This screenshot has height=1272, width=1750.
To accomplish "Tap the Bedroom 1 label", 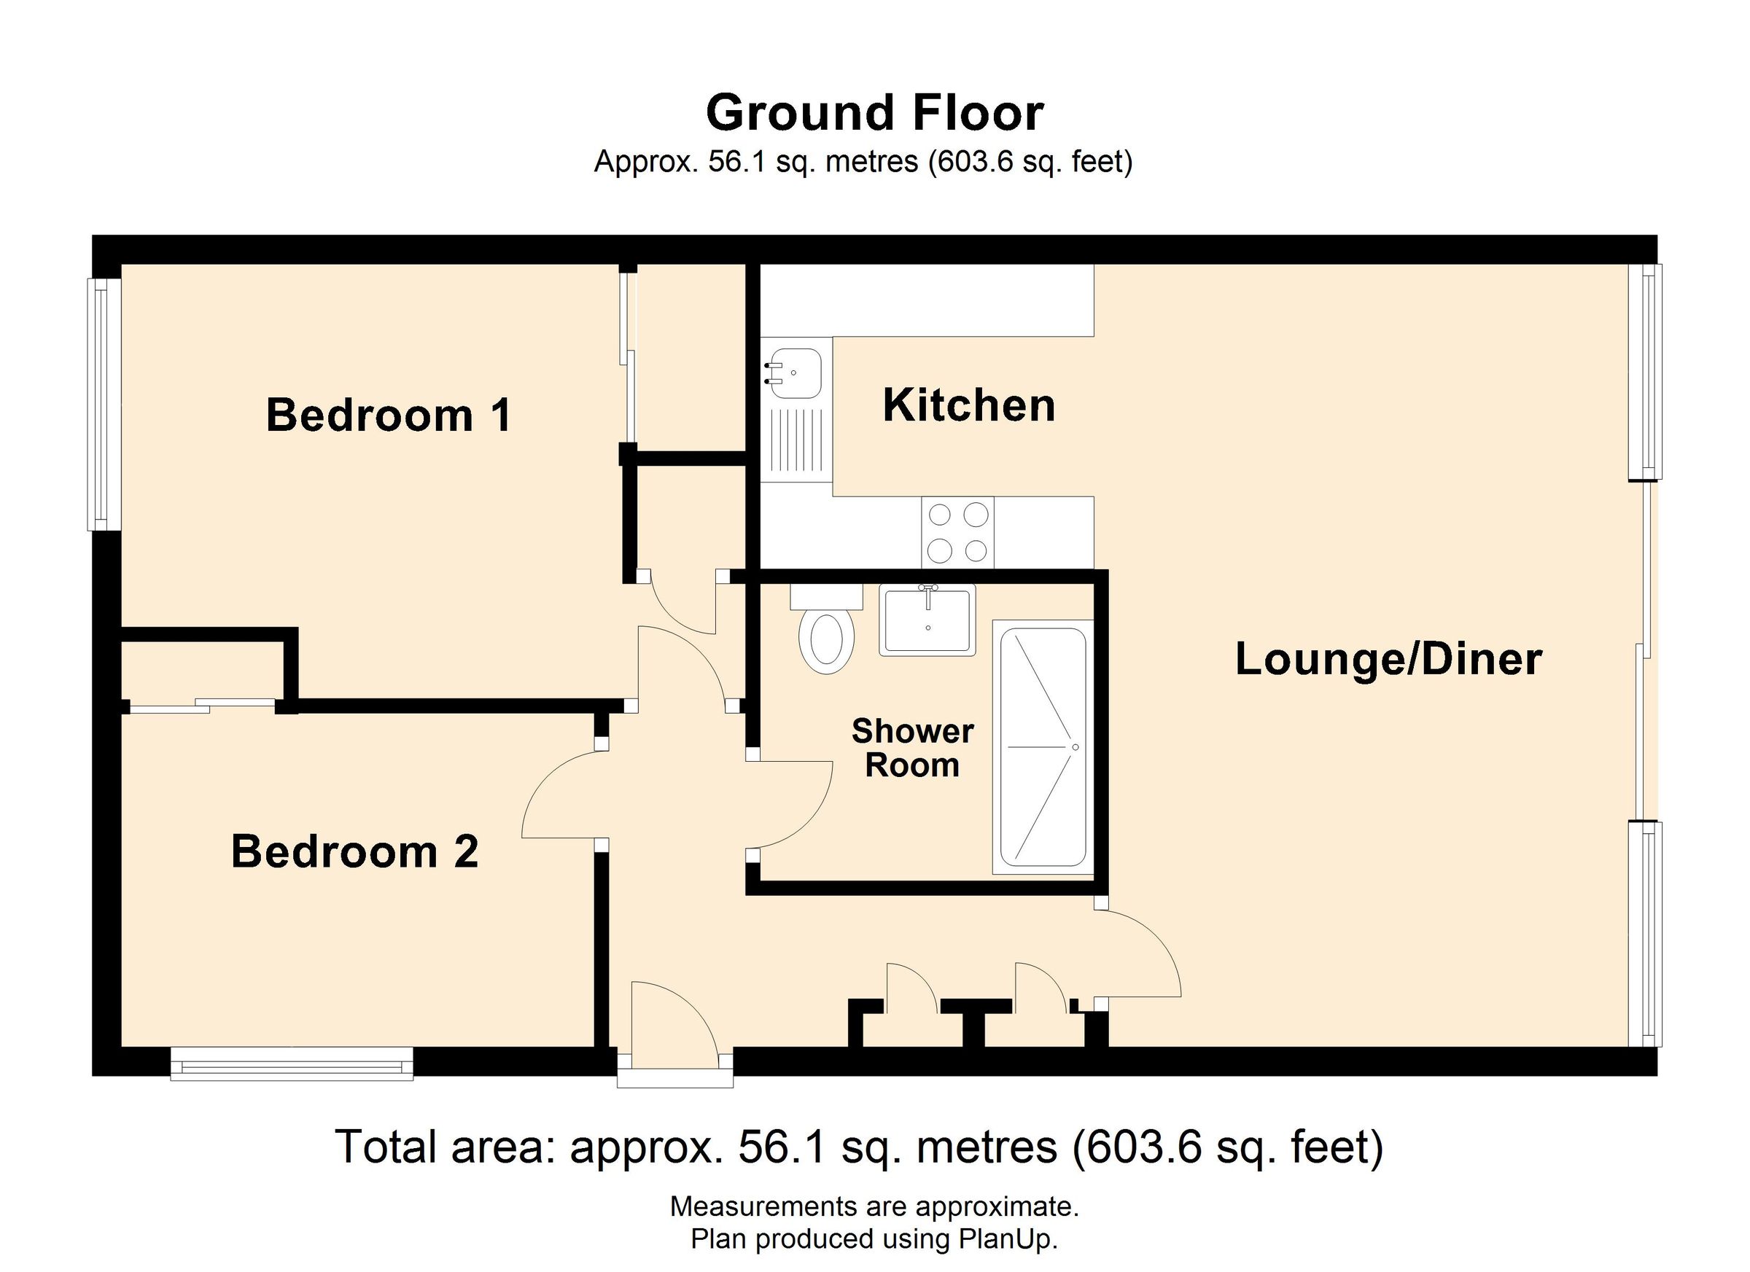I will click(x=388, y=415).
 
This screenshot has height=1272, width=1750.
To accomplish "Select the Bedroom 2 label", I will click(x=355, y=851).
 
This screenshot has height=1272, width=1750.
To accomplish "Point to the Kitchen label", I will click(x=968, y=405).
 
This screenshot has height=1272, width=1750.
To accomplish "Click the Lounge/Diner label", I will click(x=1388, y=660).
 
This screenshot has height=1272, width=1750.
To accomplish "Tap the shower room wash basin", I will click(x=927, y=620).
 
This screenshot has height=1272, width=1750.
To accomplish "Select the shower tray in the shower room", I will click(x=1043, y=747).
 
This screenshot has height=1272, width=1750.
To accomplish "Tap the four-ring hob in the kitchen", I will click(x=957, y=532).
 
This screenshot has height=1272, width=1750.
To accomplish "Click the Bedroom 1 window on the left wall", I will click(x=104, y=405).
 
